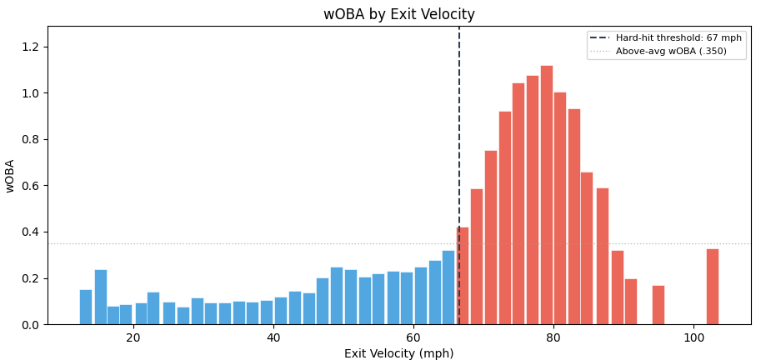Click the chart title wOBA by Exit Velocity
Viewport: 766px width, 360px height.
[x=398, y=14]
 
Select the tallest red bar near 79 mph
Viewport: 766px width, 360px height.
[x=546, y=195]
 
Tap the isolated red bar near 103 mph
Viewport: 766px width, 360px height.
[x=712, y=287]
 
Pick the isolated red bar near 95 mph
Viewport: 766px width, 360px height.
[x=658, y=305]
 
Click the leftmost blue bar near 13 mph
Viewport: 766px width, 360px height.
[x=86, y=307]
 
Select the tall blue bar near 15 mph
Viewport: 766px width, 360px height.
[x=100, y=297]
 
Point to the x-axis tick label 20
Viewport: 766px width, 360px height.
[x=133, y=337]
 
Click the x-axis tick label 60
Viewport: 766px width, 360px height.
[x=413, y=337]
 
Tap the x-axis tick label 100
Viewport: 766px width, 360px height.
[x=693, y=337]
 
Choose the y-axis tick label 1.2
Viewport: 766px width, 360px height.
[x=30, y=47]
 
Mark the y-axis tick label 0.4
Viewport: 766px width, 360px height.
[x=30, y=232]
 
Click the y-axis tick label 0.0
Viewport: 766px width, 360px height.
[x=30, y=325]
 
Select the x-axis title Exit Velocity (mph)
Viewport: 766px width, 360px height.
[x=398, y=353]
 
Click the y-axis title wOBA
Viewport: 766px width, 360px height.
[x=11, y=175]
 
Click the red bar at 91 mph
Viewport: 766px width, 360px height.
[x=630, y=302]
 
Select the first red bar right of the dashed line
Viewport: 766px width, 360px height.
[x=463, y=276]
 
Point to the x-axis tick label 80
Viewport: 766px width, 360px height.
[x=553, y=337]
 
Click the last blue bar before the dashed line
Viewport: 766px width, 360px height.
[x=448, y=287]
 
